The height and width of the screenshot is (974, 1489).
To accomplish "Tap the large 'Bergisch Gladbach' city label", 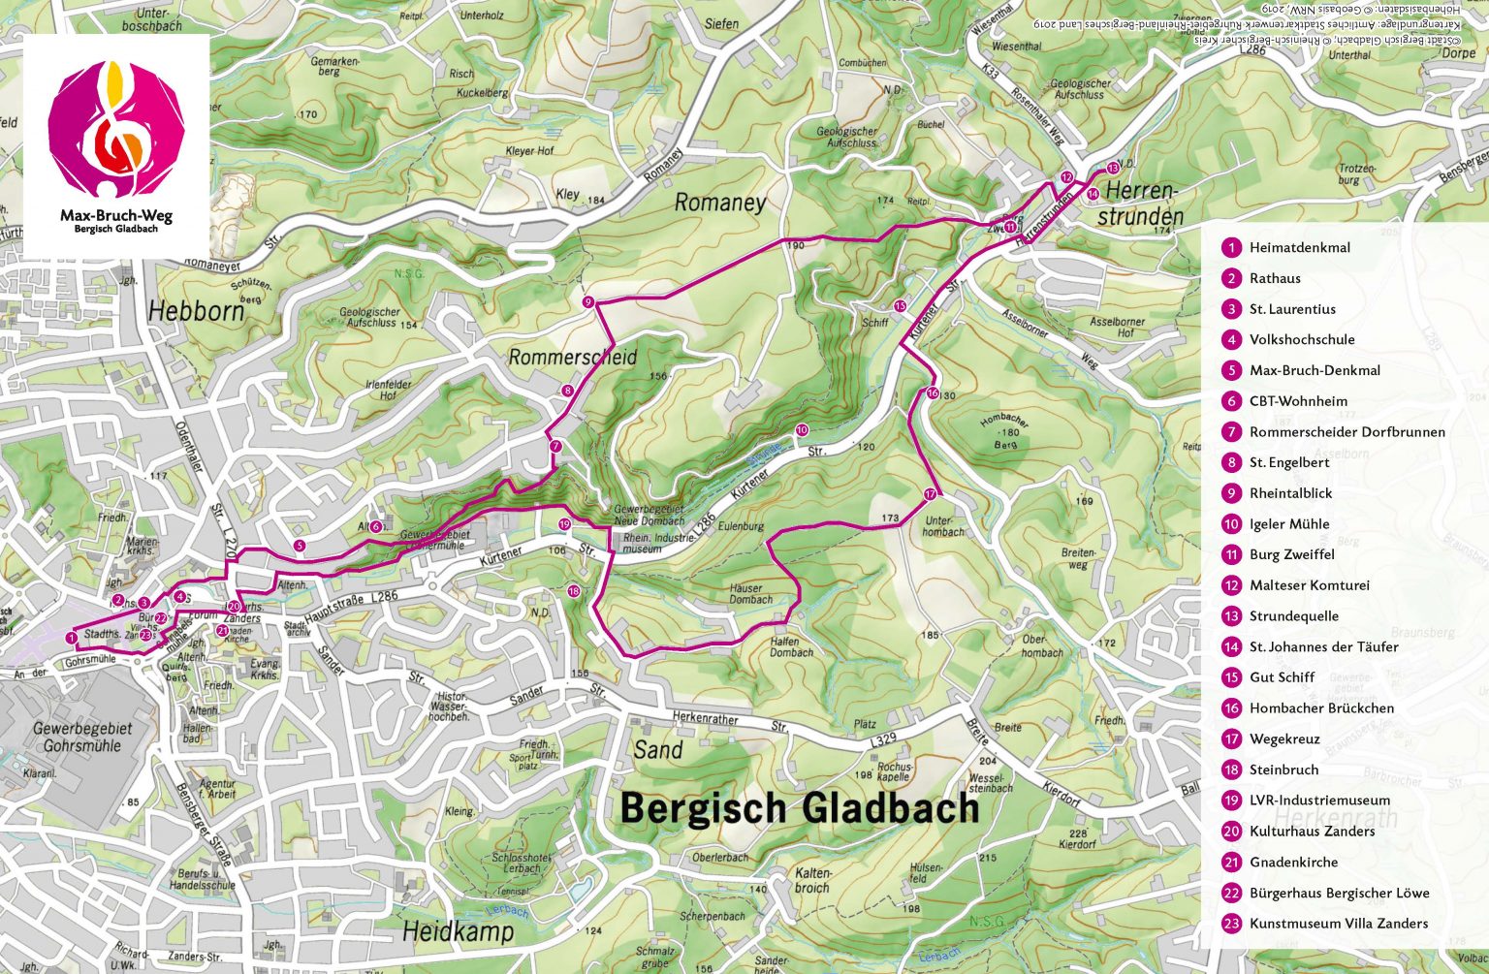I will (799, 807).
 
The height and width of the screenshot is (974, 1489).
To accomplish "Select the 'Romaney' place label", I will (719, 203).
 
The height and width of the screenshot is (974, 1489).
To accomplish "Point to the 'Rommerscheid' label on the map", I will (573, 357).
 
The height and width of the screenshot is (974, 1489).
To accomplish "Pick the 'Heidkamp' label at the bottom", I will (458, 931).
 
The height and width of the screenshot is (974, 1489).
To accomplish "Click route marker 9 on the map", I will (588, 302).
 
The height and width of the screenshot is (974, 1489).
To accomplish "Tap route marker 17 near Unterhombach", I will (930, 494).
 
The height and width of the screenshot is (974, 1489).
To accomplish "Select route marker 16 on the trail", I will (932, 393).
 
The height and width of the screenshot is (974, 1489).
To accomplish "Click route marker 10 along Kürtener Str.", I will (802, 429).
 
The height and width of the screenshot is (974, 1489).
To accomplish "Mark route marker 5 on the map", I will (300, 546).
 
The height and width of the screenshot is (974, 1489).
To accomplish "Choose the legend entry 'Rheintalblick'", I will (1290, 493).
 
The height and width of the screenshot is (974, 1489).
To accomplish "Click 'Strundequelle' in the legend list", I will (1293, 616).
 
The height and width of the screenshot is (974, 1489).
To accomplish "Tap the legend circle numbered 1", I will (1231, 248).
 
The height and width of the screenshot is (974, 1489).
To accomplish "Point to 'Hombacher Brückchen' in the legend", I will (1321, 708).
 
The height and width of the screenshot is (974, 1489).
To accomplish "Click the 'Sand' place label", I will (658, 749).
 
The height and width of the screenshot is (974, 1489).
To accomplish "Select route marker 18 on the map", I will (573, 591).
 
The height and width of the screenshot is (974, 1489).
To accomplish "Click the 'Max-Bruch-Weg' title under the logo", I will (116, 215).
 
